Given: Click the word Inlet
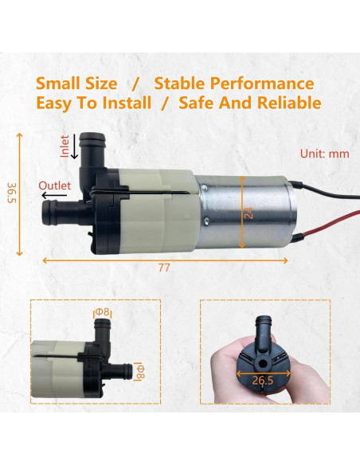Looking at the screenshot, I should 65,146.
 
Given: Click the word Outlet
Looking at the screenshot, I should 55,186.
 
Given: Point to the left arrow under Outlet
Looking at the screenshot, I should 54,194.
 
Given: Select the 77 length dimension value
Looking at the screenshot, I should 164,268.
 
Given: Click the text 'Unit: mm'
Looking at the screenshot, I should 323,154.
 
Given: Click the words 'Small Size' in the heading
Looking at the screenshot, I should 76,84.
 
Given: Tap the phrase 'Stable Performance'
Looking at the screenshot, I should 233,84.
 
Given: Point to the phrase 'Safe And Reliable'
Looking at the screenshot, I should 250,103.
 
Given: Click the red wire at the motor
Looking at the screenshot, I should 319,226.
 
